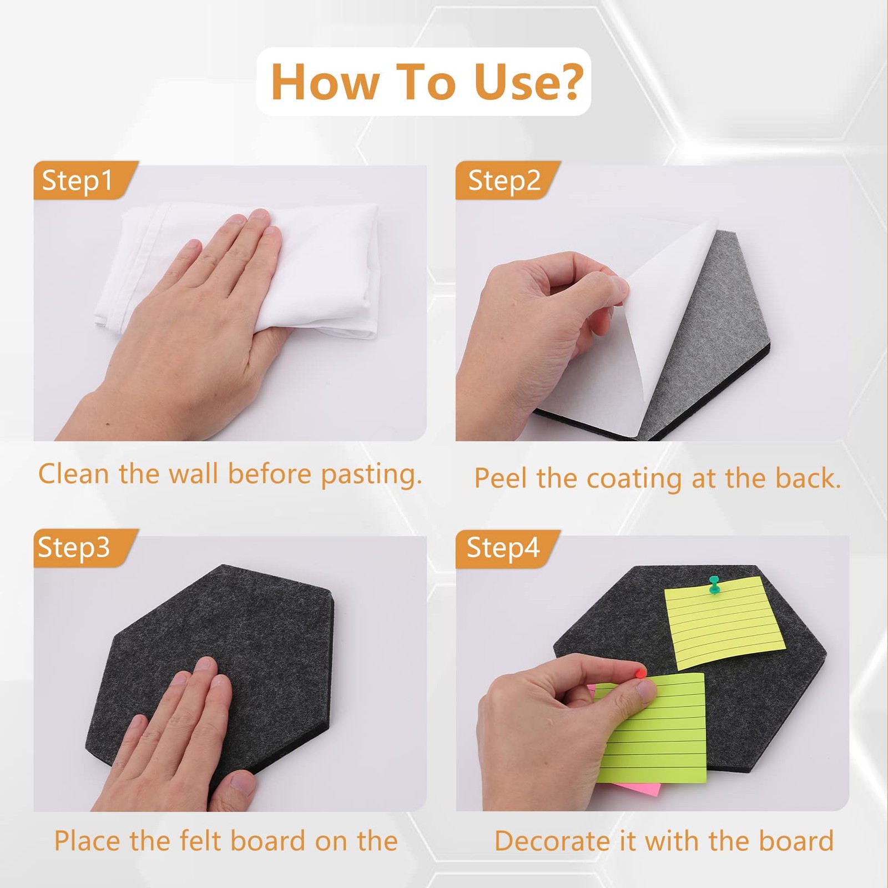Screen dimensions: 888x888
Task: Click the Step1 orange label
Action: [83, 180]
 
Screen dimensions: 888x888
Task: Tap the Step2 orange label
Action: [506, 180]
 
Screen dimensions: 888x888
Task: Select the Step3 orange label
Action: [83, 548]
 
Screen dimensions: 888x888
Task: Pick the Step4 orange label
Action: [506, 548]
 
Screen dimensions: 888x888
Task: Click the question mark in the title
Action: [568, 81]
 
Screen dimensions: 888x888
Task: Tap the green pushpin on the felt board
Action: [714, 584]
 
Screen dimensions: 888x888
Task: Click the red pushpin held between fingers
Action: [640, 673]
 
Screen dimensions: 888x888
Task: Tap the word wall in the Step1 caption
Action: [193, 474]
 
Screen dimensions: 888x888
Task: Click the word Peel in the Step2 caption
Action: [500, 478]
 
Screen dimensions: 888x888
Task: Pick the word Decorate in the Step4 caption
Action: [552, 841]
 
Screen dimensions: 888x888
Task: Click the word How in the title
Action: [324, 82]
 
